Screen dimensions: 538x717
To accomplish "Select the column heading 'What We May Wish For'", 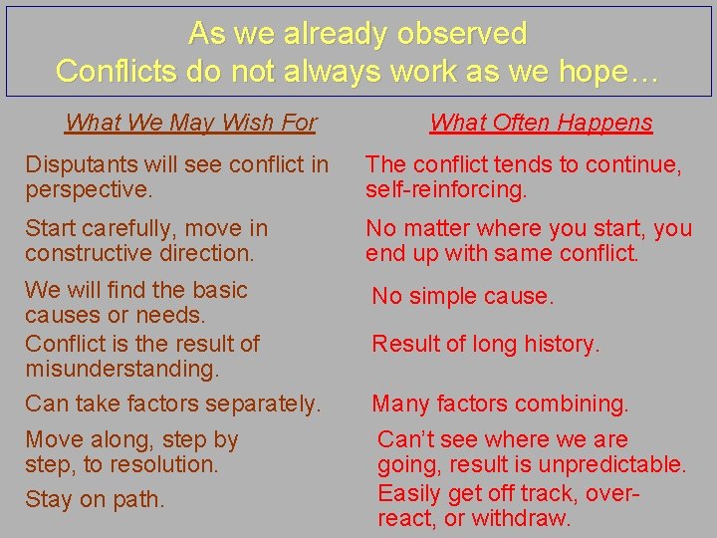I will click(190, 123).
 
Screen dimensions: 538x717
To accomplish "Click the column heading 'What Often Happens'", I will click(541, 123).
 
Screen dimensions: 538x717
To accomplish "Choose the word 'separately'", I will click(266, 403).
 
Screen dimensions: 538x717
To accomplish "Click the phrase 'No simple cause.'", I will click(462, 296).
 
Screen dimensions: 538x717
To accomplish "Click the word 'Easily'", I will click(409, 492).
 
